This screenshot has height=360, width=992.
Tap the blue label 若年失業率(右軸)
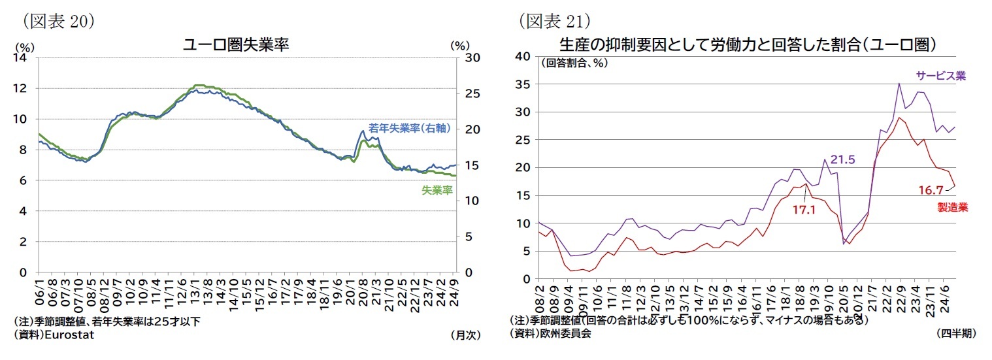tap(409, 128)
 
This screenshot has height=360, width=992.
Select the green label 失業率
tap(437, 190)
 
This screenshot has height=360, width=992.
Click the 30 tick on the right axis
tap(471, 57)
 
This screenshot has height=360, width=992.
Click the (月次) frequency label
tap(465, 335)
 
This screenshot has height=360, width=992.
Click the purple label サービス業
tap(940, 75)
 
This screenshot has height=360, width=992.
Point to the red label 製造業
tap(952, 207)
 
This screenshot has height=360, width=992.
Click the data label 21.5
tap(843, 159)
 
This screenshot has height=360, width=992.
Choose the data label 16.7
tap(931, 190)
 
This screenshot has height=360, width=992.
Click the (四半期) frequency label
tap(955, 333)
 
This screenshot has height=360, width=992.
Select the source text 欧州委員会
tap(565, 333)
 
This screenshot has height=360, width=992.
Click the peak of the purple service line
tap(899, 84)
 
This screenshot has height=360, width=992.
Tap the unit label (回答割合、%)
tap(573, 63)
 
